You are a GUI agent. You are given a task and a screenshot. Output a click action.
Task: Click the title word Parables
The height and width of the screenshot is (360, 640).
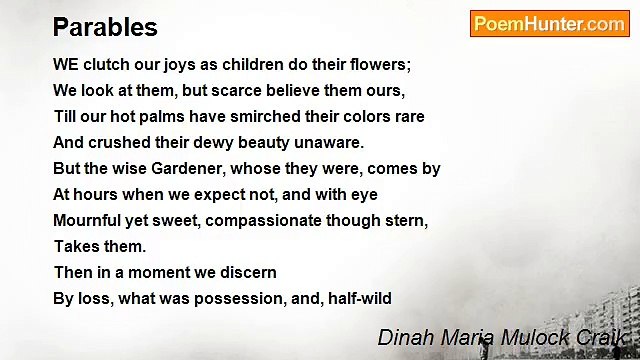[105, 27]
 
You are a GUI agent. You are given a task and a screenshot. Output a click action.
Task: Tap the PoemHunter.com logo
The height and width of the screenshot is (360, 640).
[549, 24]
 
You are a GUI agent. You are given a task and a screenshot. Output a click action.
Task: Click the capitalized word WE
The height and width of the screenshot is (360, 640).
[66, 64]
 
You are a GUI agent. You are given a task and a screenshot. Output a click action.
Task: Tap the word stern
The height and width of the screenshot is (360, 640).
[405, 220]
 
